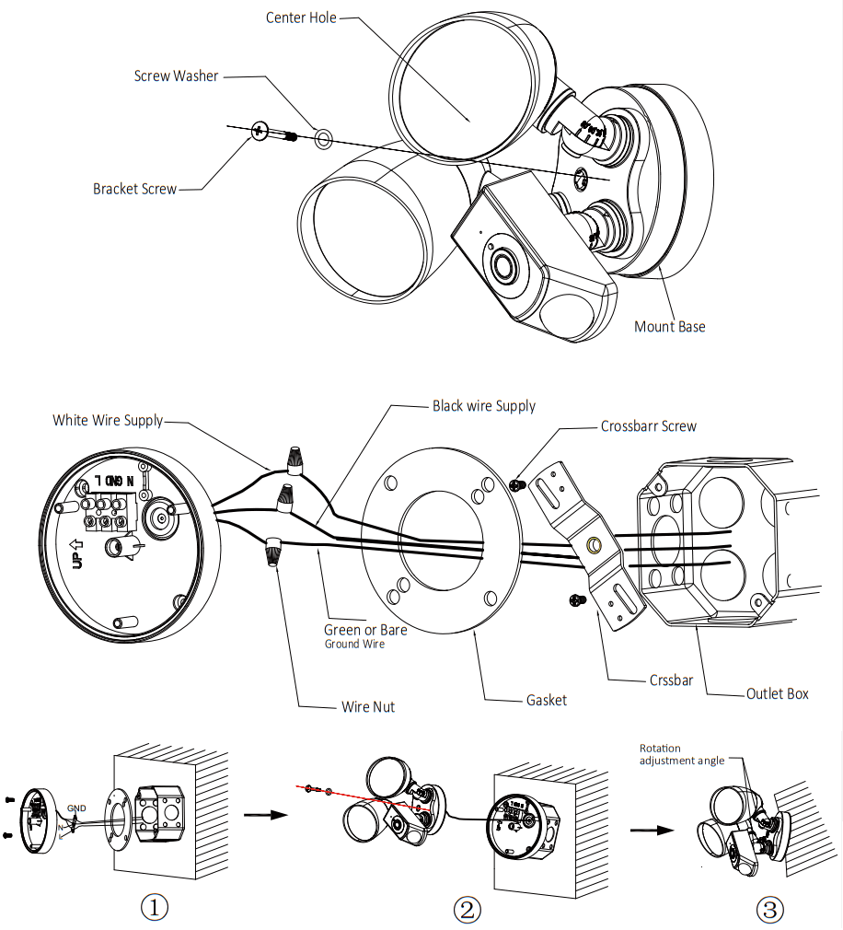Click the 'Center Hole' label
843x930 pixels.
coord(300,17)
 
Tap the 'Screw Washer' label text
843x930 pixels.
coord(176,76)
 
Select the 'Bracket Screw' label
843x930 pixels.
coord(134,189)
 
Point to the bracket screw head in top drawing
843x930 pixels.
coord(259,133)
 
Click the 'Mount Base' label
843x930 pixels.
coord(670,327)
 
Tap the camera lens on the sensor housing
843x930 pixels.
coord(503,267)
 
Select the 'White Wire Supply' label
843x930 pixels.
coord(108,421)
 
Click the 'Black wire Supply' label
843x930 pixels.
coord(484,406)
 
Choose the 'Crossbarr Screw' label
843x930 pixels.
coord(649,426)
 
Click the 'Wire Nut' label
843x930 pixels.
coord(368,707)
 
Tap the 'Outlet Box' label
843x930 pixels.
coord(778,693)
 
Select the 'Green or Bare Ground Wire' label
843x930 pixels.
coord(364,636)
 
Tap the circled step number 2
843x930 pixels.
coord(468,910)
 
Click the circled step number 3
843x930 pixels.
coord(770,910)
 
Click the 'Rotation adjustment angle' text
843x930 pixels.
coord(681,755)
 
